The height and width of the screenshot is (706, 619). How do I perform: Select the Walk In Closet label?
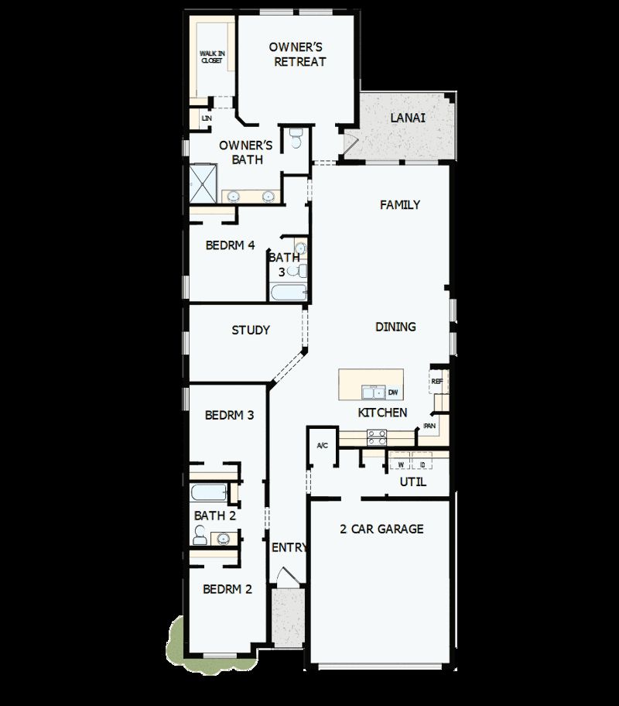(212, 57)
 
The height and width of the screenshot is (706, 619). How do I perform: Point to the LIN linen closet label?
(206, 118)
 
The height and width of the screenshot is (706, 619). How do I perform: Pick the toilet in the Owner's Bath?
(295, 139)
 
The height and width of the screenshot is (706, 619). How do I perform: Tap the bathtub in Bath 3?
(288, 293)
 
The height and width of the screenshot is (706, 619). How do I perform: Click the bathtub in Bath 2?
(209, 493)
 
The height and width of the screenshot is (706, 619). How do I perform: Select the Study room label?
(251, 330)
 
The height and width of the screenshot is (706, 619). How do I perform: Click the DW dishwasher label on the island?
(393, 392)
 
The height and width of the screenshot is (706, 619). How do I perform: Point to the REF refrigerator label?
(437, 382)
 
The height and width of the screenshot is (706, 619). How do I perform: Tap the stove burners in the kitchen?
(376, 437)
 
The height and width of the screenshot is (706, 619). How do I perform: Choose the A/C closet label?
(323, 446)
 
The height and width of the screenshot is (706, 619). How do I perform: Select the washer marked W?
(401, 464)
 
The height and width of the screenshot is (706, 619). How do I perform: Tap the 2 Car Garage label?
(381, 529)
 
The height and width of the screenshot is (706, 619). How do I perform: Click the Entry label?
(289, 547)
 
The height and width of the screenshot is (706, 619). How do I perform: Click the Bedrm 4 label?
(230, 245)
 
